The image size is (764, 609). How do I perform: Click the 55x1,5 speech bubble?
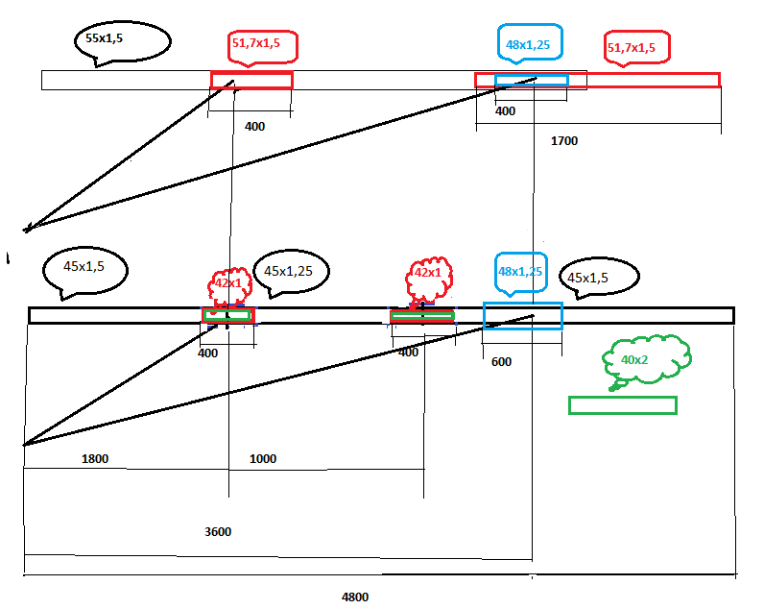click(x=122, y=42)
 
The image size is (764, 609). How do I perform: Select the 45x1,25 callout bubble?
click(x=291, y=272)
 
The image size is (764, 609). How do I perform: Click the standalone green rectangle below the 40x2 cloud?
click(x=623, y=398)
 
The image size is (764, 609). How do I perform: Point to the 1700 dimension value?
click(x=564, y=141)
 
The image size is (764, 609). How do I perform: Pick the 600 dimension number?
click(x=501, y=362)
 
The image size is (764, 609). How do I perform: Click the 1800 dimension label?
click(x=95, y=459)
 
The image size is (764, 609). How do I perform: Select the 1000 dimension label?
click(x=263, y=459)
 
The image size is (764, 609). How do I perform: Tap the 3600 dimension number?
click(x=218, y=531)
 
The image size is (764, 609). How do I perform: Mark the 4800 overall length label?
click(x=355, y=597)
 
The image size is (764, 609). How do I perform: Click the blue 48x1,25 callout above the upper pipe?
click(x=530, y=43)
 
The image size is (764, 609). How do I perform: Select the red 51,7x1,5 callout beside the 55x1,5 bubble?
click(x=263, y=47)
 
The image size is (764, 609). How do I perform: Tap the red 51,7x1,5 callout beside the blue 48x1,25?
click(x=637, y=47)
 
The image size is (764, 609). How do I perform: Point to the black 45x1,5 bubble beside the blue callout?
click(x=599, y=277)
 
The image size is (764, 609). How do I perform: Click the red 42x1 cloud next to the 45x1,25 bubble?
click(x=230, y=284)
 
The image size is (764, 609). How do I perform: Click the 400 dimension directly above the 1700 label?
click(x=505, y=111)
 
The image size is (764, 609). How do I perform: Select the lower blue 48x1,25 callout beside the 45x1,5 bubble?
click(x=521, y=273)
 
